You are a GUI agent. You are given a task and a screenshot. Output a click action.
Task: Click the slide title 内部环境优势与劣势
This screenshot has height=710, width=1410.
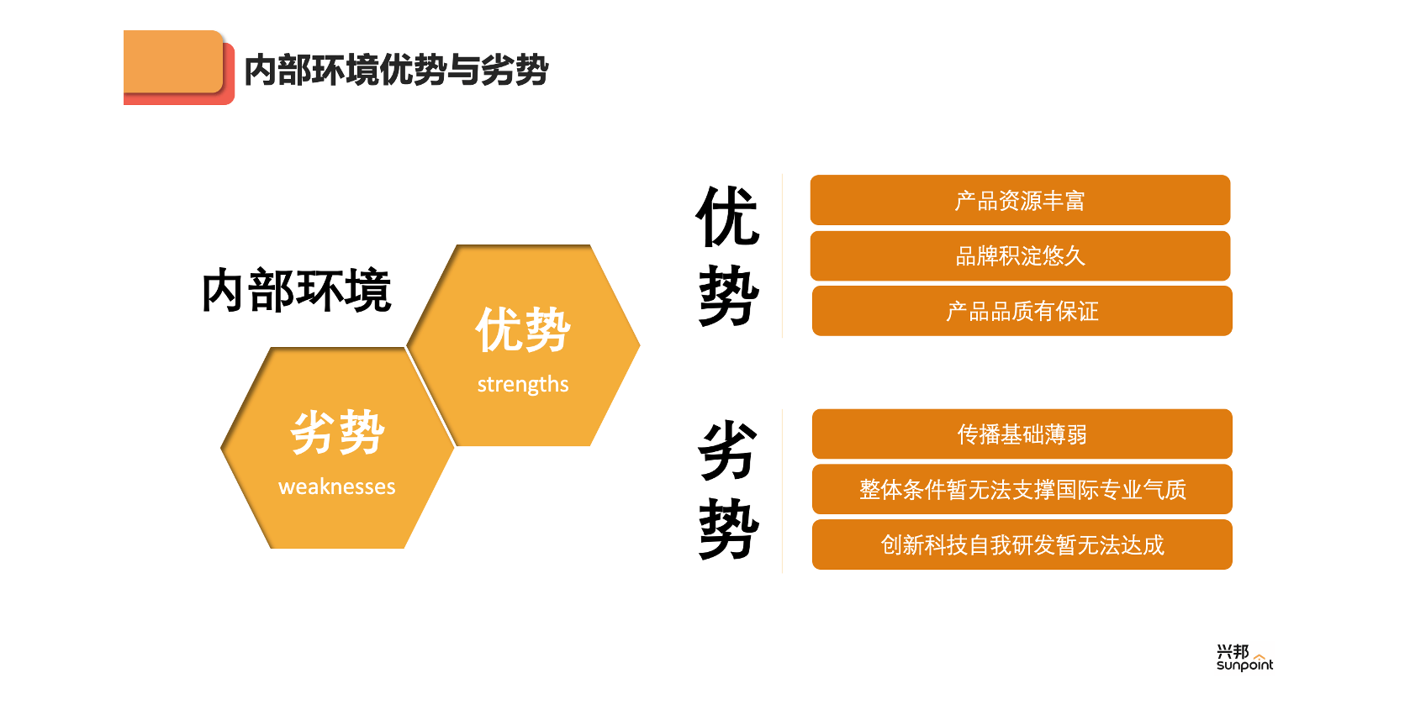tap(396, 69)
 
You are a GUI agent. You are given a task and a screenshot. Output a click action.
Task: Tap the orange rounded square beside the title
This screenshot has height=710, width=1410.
tap(174, 62)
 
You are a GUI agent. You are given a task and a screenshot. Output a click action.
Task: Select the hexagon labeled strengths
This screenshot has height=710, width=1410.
tap(524, 345)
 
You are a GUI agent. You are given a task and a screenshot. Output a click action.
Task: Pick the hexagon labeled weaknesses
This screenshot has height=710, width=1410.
tap(337, 448)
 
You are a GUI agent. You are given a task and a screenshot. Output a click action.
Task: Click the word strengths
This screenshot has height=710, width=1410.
tap(523, 384)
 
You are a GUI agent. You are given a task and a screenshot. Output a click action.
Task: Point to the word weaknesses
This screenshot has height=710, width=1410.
tap(337, 486)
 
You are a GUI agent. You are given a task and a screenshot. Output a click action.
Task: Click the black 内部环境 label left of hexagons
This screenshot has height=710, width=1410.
tap(297, 291)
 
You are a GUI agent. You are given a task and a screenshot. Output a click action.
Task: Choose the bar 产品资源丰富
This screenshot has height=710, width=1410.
tap(1021, 200)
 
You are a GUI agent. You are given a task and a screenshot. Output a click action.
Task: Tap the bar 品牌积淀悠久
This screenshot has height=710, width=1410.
tap(1021, 256)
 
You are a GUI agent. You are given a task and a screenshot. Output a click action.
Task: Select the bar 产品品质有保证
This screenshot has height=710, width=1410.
tap(1022, 311)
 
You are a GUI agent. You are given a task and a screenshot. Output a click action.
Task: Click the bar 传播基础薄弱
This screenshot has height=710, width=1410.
tap(1022, 434)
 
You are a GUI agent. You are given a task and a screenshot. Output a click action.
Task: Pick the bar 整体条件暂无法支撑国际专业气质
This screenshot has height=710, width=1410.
tap(1022, 489)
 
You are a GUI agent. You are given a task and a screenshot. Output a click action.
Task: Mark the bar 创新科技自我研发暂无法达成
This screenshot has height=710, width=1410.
tap(1022, 544)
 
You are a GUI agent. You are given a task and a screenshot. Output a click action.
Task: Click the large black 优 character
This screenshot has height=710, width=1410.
tap(727, 216)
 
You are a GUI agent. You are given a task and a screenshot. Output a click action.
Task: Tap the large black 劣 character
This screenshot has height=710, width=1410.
tap(727, 450)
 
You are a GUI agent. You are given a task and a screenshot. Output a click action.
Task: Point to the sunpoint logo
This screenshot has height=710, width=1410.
tap(1244, 658)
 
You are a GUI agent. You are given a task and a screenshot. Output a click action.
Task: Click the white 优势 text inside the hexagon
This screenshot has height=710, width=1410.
tap(523, 330)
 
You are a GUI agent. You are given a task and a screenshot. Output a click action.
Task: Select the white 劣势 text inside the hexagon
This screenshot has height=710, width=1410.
tap(337, 432)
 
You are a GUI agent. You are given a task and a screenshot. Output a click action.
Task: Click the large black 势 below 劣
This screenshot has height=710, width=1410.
tap(728, 529)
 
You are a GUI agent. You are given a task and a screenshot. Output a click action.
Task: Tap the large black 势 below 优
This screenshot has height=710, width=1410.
tap(728, 295)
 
